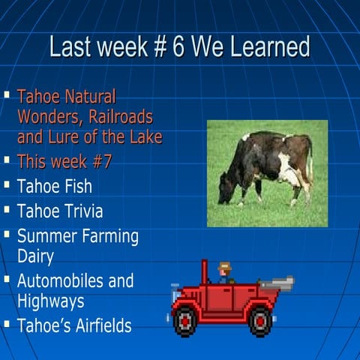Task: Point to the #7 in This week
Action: (98, 162)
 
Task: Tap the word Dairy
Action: (35, 256)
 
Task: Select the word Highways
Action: (50, 301)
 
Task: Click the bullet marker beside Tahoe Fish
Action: (7, 184)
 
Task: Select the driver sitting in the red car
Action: (223, 273)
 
